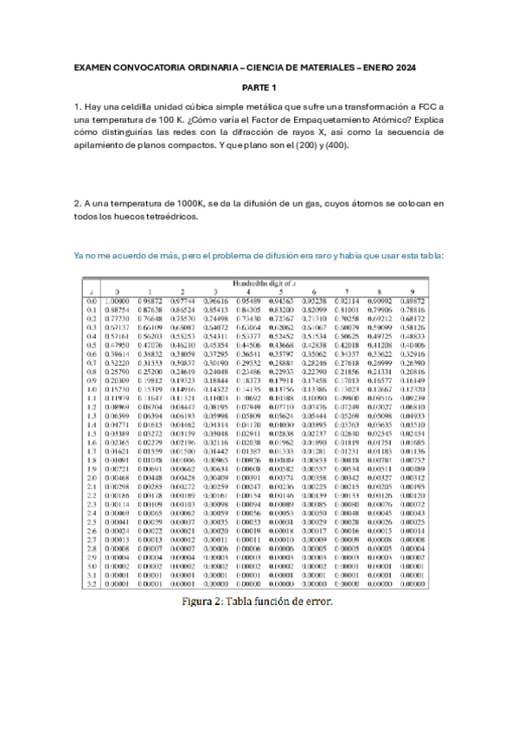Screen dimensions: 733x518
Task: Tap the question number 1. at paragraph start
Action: [x=78, y=106]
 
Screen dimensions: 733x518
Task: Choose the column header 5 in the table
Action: [x=281, y=291]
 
